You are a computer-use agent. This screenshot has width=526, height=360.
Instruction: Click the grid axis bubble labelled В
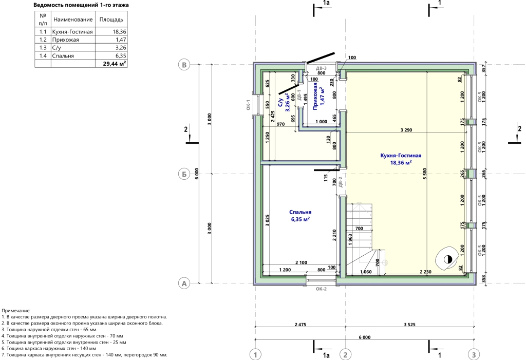click(184, 65)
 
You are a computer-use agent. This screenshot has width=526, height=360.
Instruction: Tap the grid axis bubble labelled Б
click(184, 174)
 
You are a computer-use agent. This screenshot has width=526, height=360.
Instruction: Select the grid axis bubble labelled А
click(184, 283)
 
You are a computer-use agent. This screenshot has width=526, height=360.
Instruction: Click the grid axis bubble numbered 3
click(474, 354)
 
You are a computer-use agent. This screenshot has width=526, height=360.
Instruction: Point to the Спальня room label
click(300, 212)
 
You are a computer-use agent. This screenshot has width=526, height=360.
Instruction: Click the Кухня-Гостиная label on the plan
click(401, 155)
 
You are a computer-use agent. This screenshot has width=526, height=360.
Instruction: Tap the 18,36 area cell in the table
click(111, 31)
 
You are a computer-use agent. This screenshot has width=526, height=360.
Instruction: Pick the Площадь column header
click(111, 20)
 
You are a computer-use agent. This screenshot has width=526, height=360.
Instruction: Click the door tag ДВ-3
click(321, 68)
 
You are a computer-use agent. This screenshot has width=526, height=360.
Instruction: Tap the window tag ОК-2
click(321, 289)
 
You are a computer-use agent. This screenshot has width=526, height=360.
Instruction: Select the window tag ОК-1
click(248, 105)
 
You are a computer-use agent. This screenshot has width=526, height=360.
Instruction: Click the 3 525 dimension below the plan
click(409, 325)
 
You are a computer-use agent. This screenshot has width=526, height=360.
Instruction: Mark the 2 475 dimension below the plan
click(300, 325)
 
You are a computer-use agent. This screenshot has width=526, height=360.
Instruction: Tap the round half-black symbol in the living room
click(448, 259)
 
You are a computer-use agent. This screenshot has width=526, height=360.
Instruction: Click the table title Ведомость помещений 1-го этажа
click(81, 5)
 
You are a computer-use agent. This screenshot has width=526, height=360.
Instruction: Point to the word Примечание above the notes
click(16, 311)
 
